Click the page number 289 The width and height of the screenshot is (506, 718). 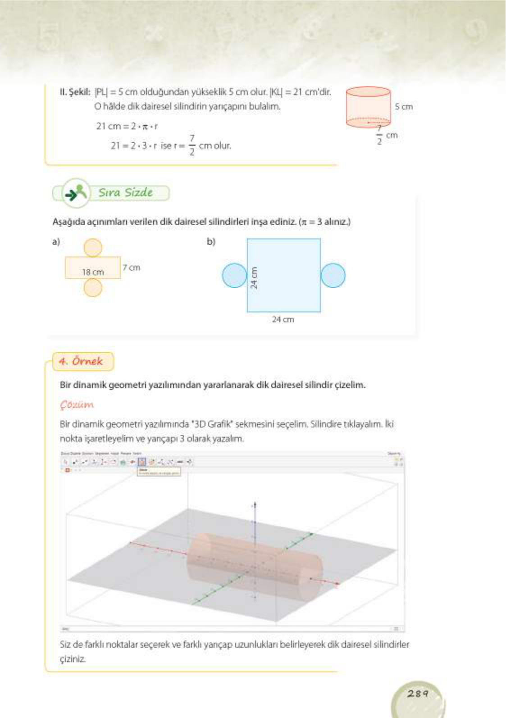pos(417,694)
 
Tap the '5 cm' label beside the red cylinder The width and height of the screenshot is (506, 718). pos(404,107)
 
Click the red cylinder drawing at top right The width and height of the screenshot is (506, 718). pos(368,107)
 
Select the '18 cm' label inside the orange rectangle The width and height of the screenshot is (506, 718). pos(93,272)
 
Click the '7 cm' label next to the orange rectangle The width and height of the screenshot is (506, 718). pos(132,268)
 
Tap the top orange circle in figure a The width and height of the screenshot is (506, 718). pos(93,248)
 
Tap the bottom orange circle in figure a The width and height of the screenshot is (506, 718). pos(93,288)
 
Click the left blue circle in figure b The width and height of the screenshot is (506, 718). pos(234,276)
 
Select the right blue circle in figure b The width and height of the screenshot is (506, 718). pos(333,276)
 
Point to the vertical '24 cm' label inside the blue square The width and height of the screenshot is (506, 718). pos(254,278)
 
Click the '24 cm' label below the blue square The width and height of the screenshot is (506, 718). pos(283,319)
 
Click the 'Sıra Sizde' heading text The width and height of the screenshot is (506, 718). pos(126,193)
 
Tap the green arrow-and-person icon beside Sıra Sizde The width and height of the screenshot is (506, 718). pos(76,193)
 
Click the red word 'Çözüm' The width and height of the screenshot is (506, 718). pos(77,404)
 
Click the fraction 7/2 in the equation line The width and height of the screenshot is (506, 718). pos(192,145)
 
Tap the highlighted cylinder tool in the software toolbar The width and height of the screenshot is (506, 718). pos(142,462)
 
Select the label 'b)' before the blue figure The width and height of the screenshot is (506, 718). pos(211,242)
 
